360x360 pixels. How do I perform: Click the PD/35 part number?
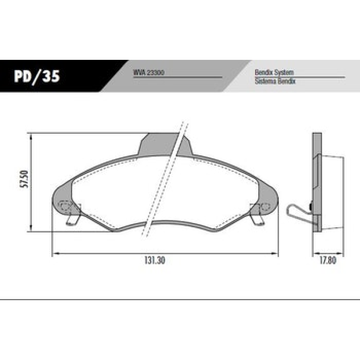[x=37, y=76]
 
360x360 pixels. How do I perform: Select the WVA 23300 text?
[x=149, y=72]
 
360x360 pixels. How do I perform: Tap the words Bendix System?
[x=274, y=72]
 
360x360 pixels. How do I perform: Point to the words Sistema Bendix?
[x=275, y=81]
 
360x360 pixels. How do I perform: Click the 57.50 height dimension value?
[x=24, y=179]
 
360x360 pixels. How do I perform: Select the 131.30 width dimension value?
[x=155, y=261]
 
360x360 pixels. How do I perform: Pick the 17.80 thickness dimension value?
[x=328, y=261]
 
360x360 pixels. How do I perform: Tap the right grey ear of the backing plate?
[x=267, y=198]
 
